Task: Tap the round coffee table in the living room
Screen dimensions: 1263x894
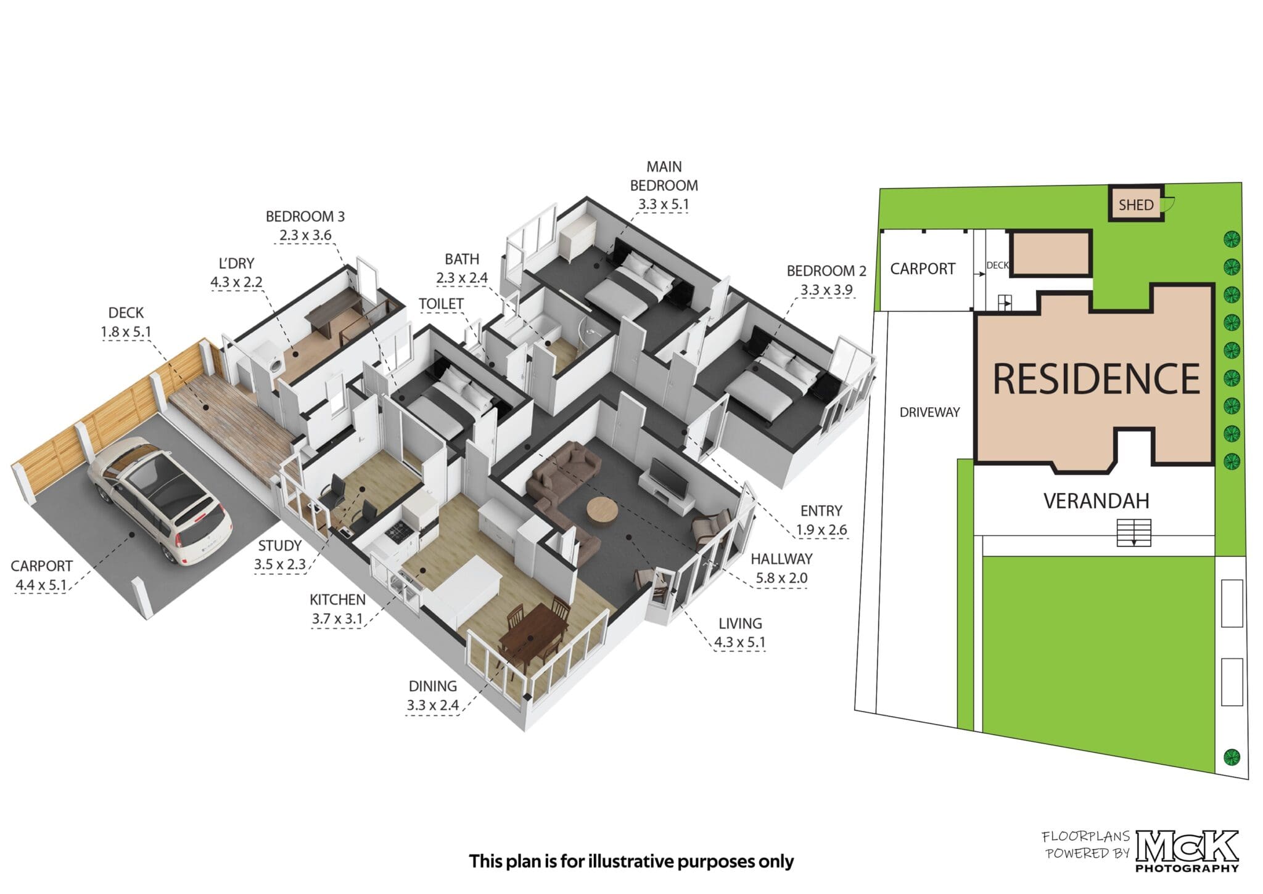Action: click(602, 510)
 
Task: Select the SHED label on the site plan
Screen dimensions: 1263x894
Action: click(1135, 205)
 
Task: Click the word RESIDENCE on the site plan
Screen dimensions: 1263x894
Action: click(1096, 378)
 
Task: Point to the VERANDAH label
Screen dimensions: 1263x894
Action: click(1096, 501)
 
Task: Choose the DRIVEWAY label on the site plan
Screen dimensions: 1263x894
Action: click(929, 412)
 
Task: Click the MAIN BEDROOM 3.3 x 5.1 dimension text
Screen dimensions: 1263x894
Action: click(664, 204)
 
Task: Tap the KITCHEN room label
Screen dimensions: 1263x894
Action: click(337, 599)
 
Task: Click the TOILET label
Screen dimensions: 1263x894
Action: click(441, 304)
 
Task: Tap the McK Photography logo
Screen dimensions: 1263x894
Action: click(1187, 850)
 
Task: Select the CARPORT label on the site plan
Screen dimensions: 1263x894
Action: click(923, 269)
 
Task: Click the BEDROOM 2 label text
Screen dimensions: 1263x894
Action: click(826, 270)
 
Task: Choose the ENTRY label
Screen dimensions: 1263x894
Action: click(821, 511)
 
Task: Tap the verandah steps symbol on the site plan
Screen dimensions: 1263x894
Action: click(1133, 533)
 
